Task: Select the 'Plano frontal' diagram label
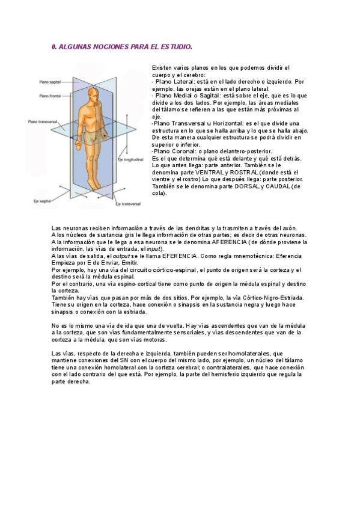[x=49, y=95]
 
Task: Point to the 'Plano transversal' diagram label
[x=43, y=121]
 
